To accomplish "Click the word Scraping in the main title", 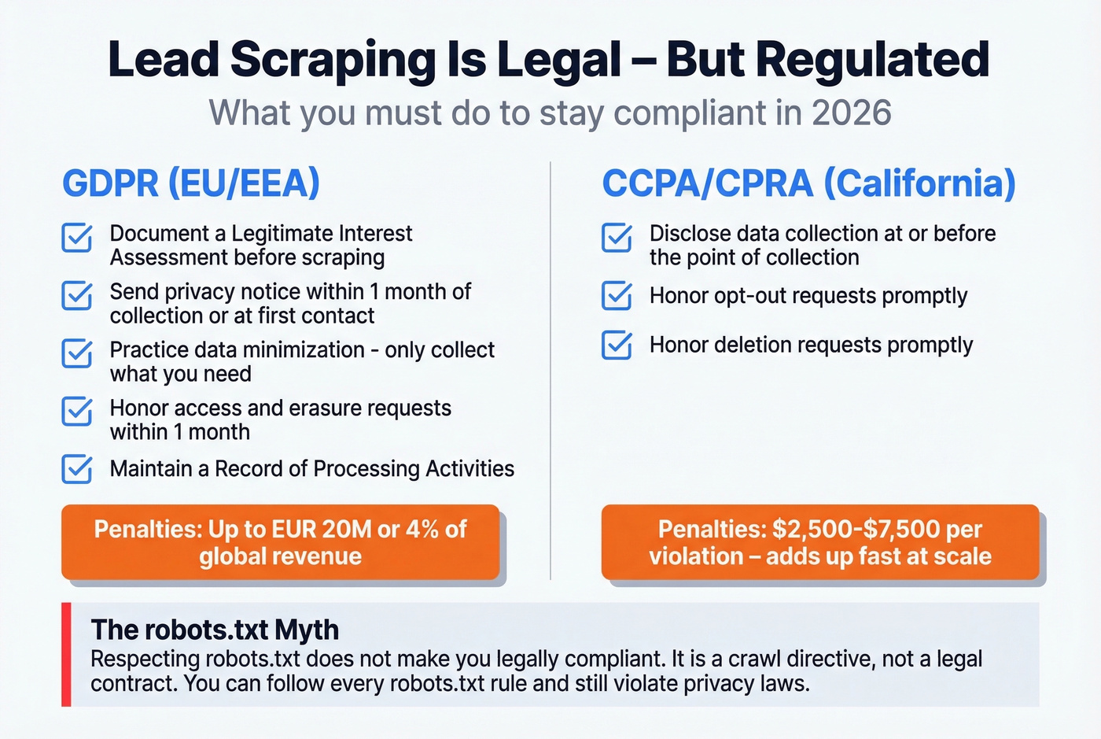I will click(333, 60).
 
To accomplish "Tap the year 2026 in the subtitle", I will click(852, 113).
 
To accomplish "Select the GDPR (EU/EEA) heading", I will click(191, 183).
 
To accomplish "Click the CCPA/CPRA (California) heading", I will click(808, 183).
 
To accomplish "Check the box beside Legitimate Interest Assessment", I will click(77, 238).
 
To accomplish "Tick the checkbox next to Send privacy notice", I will click(77, 296).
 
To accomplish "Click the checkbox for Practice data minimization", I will click(77, 354).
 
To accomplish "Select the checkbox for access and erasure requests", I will click(77, 412).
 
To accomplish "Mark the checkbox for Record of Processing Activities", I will click(77, 469).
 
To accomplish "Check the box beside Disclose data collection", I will click(617, 238).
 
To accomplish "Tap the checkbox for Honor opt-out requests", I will click(617, 296).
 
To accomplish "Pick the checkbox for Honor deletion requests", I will click(617, 345).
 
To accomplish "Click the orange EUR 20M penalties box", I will click(280, 542).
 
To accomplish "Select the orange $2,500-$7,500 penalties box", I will click(819, 542).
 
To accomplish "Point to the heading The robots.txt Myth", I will click(215, 630).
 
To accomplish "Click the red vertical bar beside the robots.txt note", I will click(66, 655).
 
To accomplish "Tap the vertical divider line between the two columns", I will click(550, 370).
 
